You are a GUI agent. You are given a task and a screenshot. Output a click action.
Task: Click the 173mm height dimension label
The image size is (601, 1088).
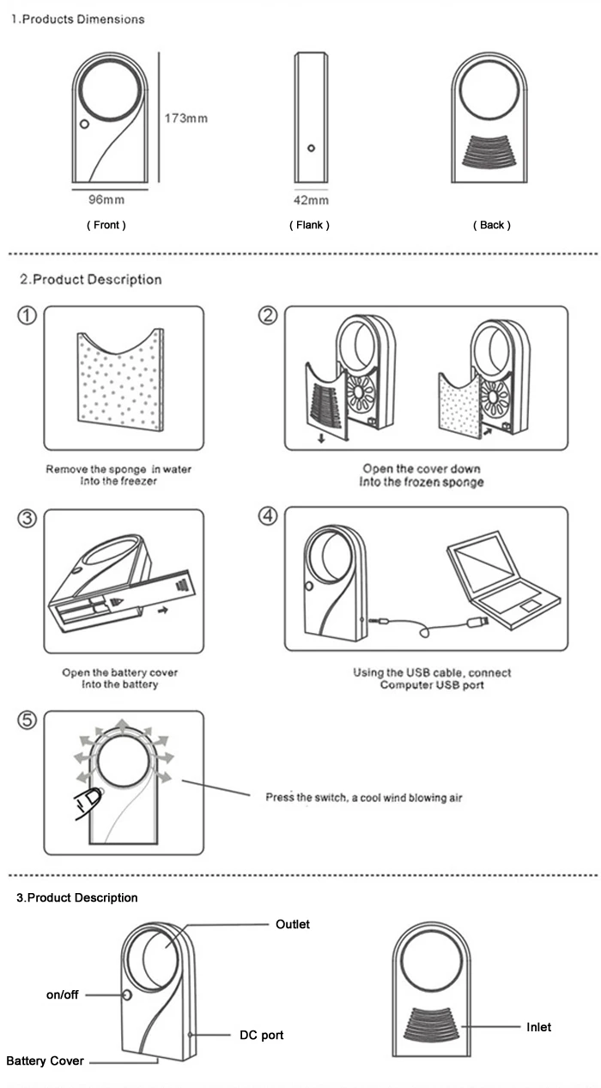[x=186, y=118]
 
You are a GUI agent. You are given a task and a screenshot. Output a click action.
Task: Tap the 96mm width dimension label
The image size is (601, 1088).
[x=106, y=199]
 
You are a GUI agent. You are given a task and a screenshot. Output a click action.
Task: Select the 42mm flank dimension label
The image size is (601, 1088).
[x=311, y=200]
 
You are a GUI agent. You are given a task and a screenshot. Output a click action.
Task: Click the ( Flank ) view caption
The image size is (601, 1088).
[x=309, y=225]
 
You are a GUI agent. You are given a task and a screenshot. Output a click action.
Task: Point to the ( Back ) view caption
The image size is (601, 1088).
[x=492, y=225]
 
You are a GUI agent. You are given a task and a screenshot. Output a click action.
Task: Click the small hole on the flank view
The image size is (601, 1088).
[x=311, y=149]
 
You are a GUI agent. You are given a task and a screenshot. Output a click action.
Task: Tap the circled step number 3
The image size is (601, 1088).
[x=27, y=519]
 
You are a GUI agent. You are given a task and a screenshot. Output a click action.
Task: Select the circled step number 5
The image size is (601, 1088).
[x=27, y=720]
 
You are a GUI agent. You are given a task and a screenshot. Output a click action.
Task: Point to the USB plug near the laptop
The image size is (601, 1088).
[x=477, y=621]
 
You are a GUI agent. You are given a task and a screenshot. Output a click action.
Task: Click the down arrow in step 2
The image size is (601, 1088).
[x=321, y=438]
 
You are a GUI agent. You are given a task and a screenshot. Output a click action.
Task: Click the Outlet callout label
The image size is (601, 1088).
[x=292, y=924]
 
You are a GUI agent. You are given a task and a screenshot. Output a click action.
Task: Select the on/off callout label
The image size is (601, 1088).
[x=62, y=994]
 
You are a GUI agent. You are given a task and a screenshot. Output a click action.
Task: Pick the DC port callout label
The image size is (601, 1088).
[x=261, y=1035]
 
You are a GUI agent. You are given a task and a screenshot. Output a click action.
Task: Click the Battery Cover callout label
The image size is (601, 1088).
[x=46, y=1061]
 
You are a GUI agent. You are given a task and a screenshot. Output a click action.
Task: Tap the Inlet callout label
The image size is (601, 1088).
[x=538, y=1027]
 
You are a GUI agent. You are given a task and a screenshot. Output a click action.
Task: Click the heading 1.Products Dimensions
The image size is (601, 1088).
[x=77, y=20]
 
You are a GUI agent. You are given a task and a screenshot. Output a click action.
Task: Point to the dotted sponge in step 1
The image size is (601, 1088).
[x=120, y=380]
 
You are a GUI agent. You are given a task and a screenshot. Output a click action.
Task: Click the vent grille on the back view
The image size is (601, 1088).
[x=489, y=152]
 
